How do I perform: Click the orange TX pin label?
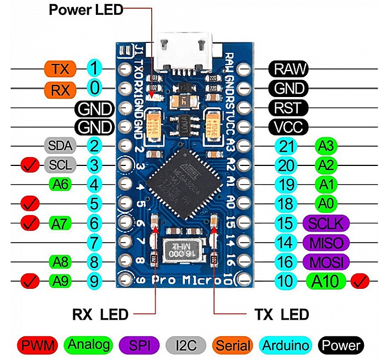(x=57, y=69)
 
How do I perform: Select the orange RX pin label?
(x=57, y=88)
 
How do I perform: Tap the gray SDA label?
(x=58, y=146)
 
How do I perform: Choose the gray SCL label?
(x=58, y=165)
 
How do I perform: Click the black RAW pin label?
(x=288, y=69)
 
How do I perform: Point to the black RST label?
(x=288, y=108)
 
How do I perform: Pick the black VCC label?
(x=288, y=127)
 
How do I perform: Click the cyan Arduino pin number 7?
(x=95, y=242)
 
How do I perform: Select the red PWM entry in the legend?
(x=39, y=346)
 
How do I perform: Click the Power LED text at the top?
(x=86, y=9)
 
